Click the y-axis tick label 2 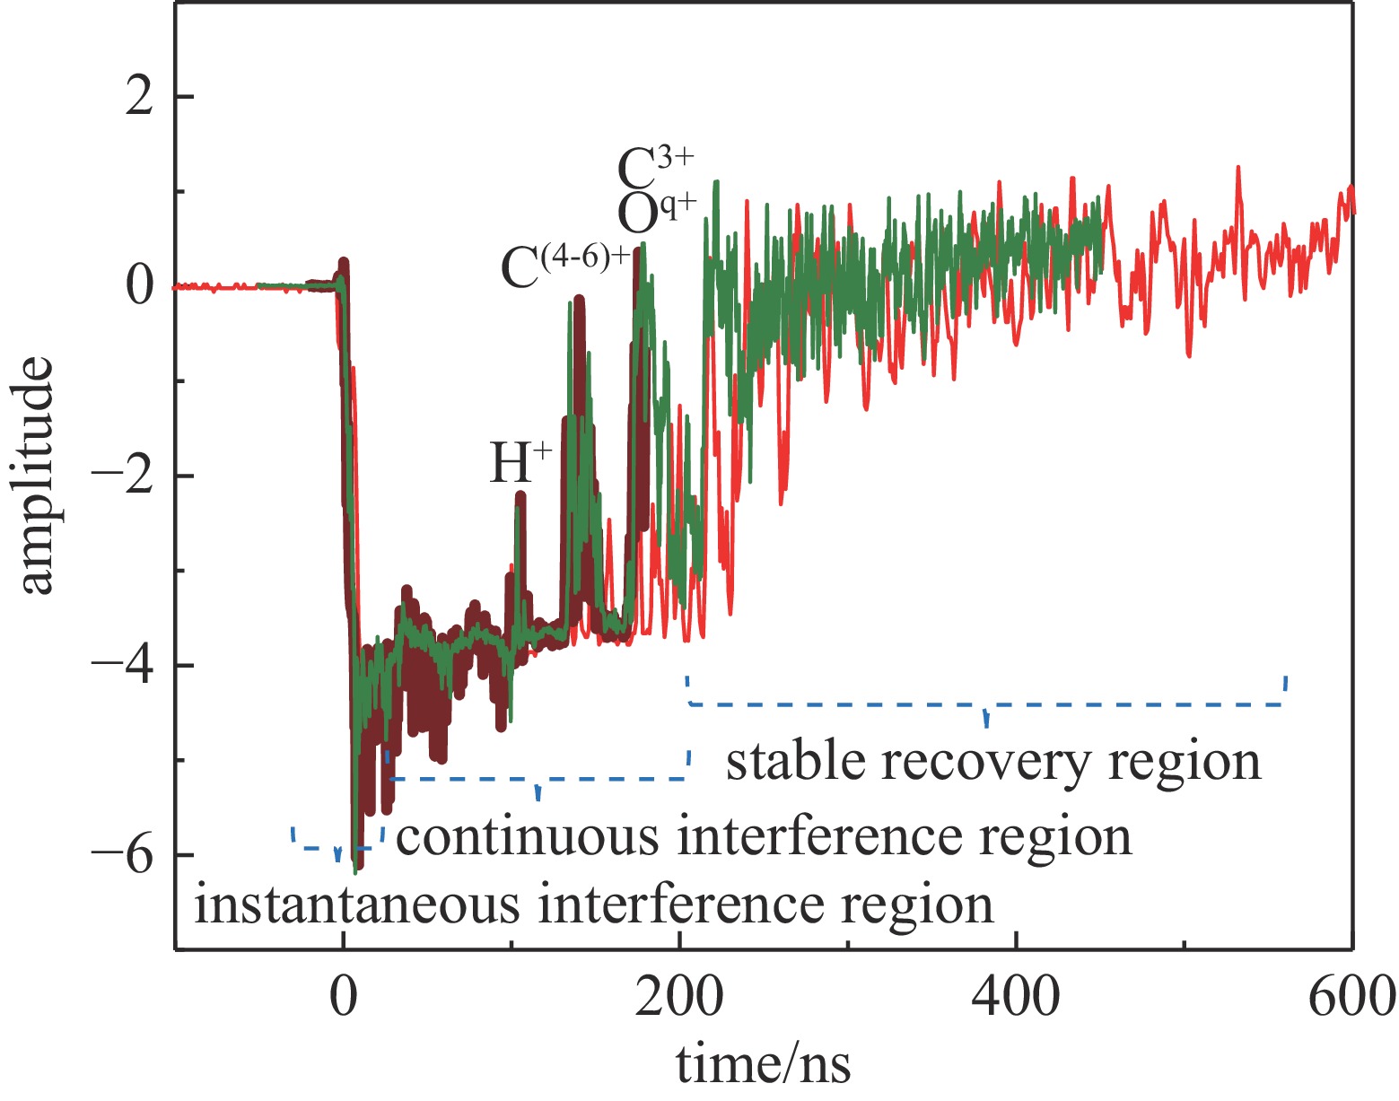point(139,97)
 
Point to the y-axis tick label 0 point(139,286)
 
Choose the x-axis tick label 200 point(679,997)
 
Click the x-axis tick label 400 point(1016,997)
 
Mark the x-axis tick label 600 point(1351,997)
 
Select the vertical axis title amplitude point(38,476)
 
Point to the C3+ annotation point(656,167)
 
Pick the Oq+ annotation point(656,212)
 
